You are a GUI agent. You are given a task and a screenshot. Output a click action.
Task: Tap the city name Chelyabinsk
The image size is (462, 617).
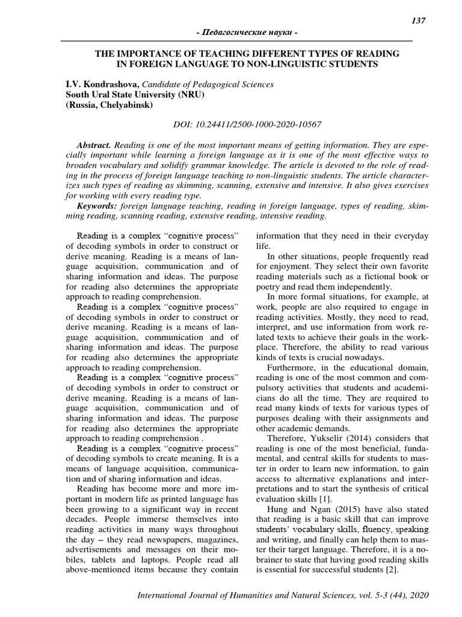[x=127, y=104]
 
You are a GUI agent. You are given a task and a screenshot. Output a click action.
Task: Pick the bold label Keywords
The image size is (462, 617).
[x=98, y=205]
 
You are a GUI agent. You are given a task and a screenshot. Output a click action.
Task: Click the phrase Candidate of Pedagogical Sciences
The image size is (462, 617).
[x=206, y=85]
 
